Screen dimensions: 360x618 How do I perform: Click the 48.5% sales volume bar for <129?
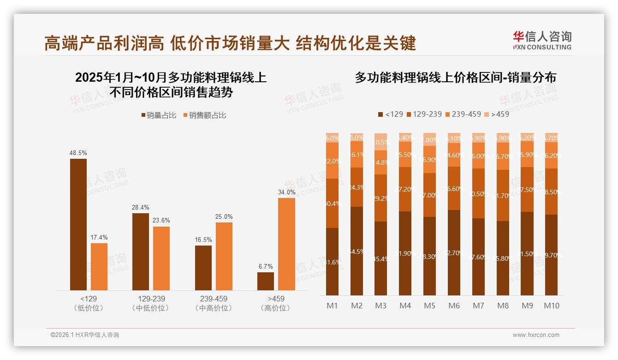[78, 224]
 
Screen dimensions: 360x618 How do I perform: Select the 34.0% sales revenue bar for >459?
[286, 244]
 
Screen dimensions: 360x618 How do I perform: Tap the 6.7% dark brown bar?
[266, 281]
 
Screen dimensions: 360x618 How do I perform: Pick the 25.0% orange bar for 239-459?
[224, 256]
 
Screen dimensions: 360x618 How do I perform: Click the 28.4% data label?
[141, 208]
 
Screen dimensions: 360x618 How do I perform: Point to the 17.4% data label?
[99, 238]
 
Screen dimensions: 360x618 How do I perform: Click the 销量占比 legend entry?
[159, 115]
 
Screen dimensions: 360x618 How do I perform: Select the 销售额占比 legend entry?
[204, 115]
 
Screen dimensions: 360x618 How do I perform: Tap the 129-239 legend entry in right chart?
[423, 114]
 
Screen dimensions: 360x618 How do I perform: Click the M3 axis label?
[380, 306]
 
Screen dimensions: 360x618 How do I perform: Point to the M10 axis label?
[551, 306]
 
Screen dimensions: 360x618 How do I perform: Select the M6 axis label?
[454, 306]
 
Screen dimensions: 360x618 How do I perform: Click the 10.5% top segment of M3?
[380, 142]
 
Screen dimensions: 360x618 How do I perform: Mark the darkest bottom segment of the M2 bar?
[357, 251]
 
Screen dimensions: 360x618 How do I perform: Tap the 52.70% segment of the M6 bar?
[454, 252]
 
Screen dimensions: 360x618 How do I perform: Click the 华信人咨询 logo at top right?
[542, 40]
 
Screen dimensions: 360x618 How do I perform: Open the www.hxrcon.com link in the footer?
[536, 335]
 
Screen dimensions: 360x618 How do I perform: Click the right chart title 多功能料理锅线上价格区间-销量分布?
[455, 78]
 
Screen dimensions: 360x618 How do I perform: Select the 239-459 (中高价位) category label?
[214, 303]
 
